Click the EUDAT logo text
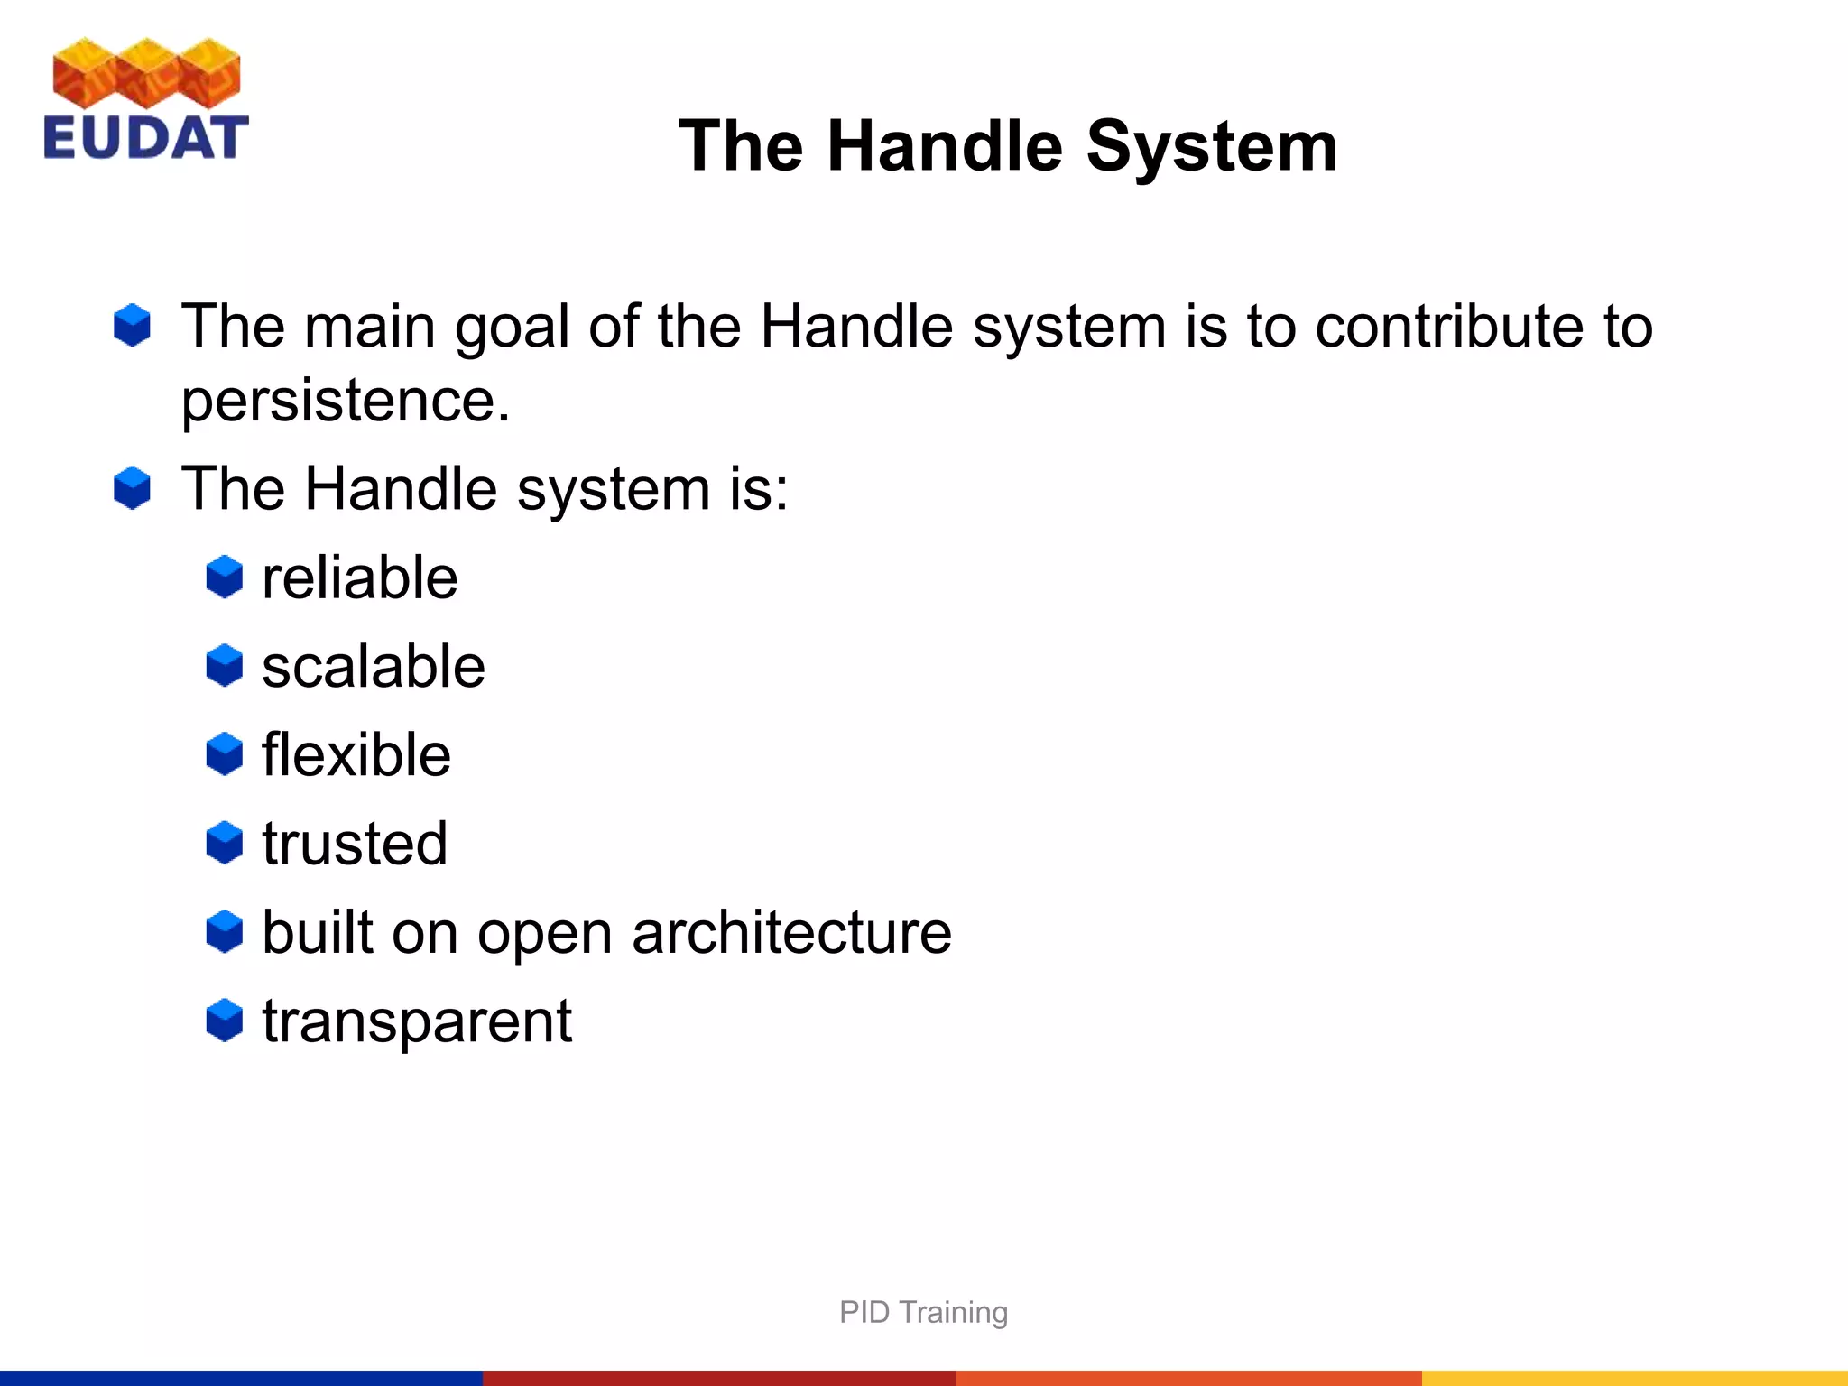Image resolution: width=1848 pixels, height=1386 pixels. click(x=145, y=138)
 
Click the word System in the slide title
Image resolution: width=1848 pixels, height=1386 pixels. click(x=1211, y=146)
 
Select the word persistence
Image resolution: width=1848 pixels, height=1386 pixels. click(x=345, y=400)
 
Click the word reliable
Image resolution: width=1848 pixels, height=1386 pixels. click(x=359, y=577)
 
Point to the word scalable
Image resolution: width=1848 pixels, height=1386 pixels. click(x=373, y=667)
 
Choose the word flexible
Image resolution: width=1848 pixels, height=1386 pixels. click(x=356, y=755)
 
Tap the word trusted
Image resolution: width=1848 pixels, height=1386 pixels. click(x=355, y=844)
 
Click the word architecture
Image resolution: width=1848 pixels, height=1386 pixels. click(x=791, y=932)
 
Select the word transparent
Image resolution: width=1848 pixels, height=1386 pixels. click(x=416, y=1021)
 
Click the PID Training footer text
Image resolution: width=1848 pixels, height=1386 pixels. click(x=923, y=1312)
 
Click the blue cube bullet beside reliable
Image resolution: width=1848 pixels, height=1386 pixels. click(x=224, y=577)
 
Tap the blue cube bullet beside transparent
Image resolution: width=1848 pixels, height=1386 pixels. click(x=224, y=1021)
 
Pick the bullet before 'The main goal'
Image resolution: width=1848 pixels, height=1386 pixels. click(x=132, y=325)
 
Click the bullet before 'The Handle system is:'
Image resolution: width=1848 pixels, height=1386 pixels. click(x=132, y=488)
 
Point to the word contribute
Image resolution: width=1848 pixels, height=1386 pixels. click(x=1448, y=326)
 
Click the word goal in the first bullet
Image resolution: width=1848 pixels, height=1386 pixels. click(x=511, y=328)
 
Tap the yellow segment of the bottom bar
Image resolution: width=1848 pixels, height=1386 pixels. click(x=1634, y=1378)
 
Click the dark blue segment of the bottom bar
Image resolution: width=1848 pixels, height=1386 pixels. click(x=241, y=1378)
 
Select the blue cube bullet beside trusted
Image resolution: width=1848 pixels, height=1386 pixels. click(x=224, y=843)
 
